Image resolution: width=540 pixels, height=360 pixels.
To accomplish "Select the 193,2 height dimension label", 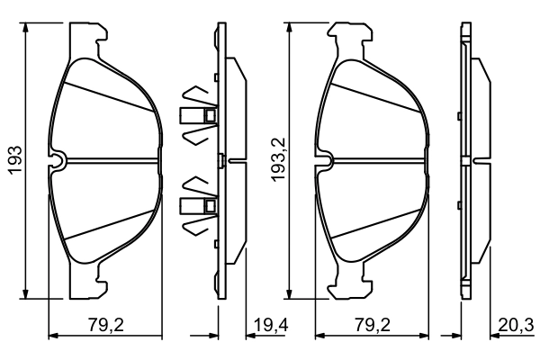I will pos(277,161).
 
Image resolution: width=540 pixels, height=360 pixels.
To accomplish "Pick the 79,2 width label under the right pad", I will pos(373,325).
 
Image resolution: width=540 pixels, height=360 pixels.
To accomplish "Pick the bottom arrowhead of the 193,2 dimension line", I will pos(290,292).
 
